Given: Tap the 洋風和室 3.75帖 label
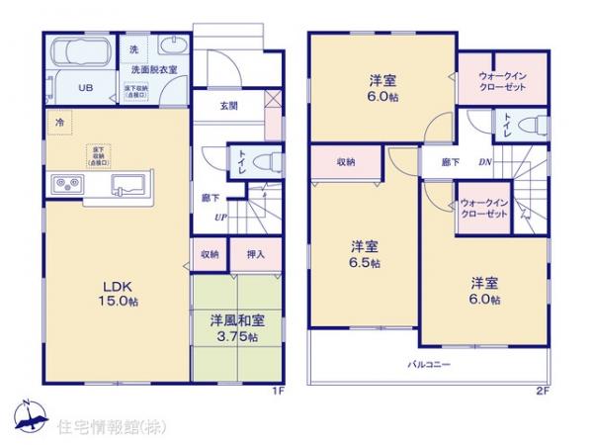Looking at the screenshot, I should pyautogui.click(x=234, y=328).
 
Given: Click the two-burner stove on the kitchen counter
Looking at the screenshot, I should pyautogui.click(x=67, y=184).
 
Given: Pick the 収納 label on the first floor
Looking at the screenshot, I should pyautogui.click(x=210, y=253).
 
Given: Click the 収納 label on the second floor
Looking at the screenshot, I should pyautogui.click(x=345, y=161).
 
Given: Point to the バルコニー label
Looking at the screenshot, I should pyautogui.click(x=430, y=365).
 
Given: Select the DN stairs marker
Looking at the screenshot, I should pyautogui.click(x=485, y=161).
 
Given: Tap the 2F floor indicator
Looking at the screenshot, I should pyautogui.click(x=542, y=391).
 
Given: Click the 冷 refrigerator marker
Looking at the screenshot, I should pyautogui.click(x=59, y=123).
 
